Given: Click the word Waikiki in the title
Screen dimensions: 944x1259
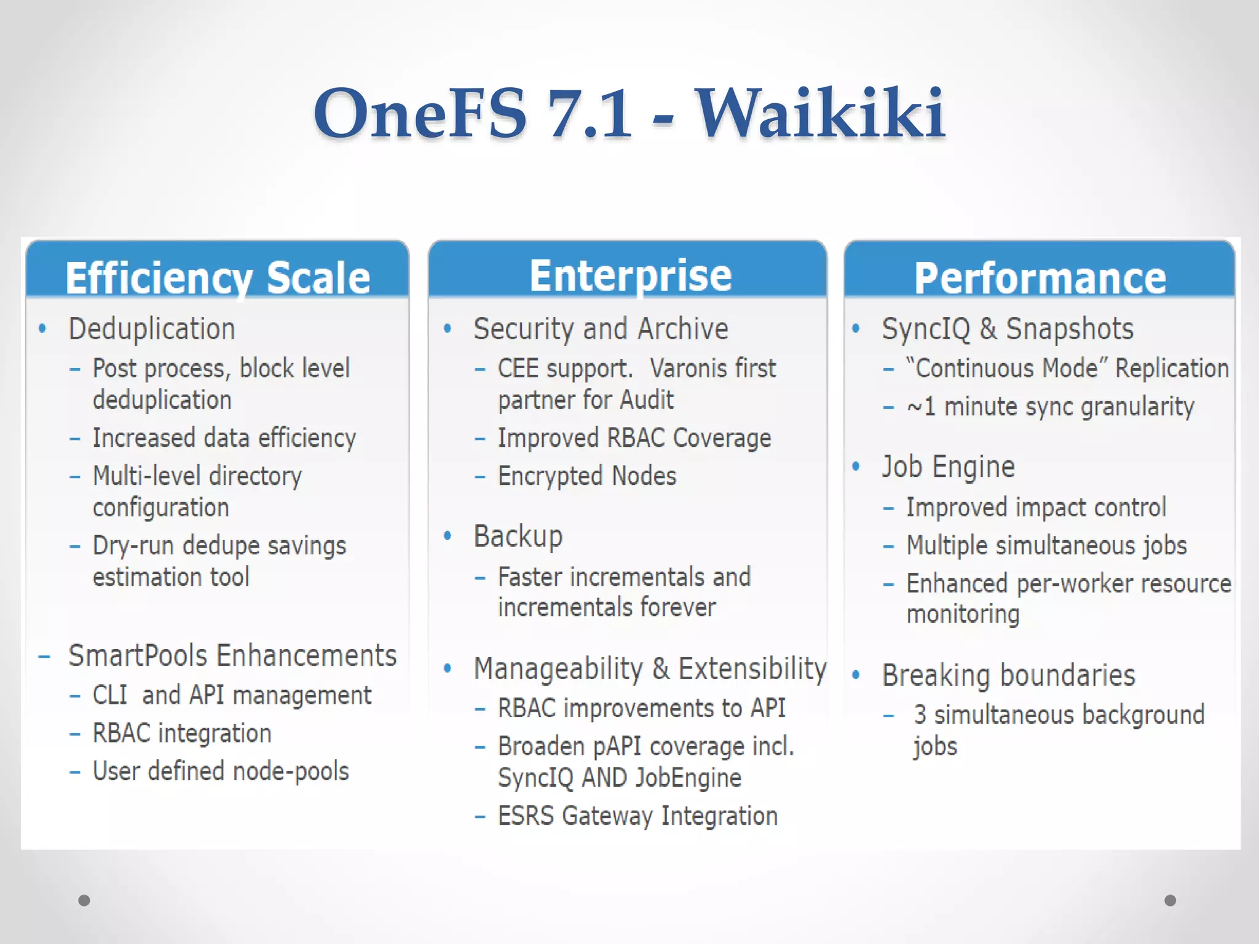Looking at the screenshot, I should coord(820,114).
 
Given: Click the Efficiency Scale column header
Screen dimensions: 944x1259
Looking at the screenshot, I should coord(218,278).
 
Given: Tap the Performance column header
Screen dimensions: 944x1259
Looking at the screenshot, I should coord(1040,278).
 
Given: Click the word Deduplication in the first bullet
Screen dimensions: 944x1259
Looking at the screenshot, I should coord(152,329).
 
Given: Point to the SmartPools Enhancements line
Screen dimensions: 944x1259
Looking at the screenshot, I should coord(232,656).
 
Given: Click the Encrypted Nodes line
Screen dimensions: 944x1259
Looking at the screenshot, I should coord(586,476).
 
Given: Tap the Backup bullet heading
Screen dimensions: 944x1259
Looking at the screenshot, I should coord(518,536).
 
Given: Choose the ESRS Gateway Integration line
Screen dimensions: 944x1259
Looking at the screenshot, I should coord(637,816).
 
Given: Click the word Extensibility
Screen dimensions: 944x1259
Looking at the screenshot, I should coord(752,669).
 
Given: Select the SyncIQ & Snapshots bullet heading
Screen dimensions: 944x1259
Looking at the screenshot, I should coord(1007,329).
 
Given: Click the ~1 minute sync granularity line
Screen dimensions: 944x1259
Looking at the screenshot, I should coord(1050,407).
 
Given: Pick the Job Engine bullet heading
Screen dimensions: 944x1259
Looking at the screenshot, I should coord(948,466).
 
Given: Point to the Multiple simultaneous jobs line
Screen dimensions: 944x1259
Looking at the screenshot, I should coord(1046,546).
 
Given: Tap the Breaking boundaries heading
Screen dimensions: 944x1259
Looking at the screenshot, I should coord(1008,675).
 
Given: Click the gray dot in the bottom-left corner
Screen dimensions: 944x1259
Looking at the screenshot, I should coord(84,900).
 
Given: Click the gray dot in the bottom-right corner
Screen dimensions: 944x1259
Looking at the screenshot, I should coord(1170,900).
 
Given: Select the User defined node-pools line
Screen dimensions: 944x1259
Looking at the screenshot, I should coord(221,771).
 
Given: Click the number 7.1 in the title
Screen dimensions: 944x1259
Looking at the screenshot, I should coord(589,114).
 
